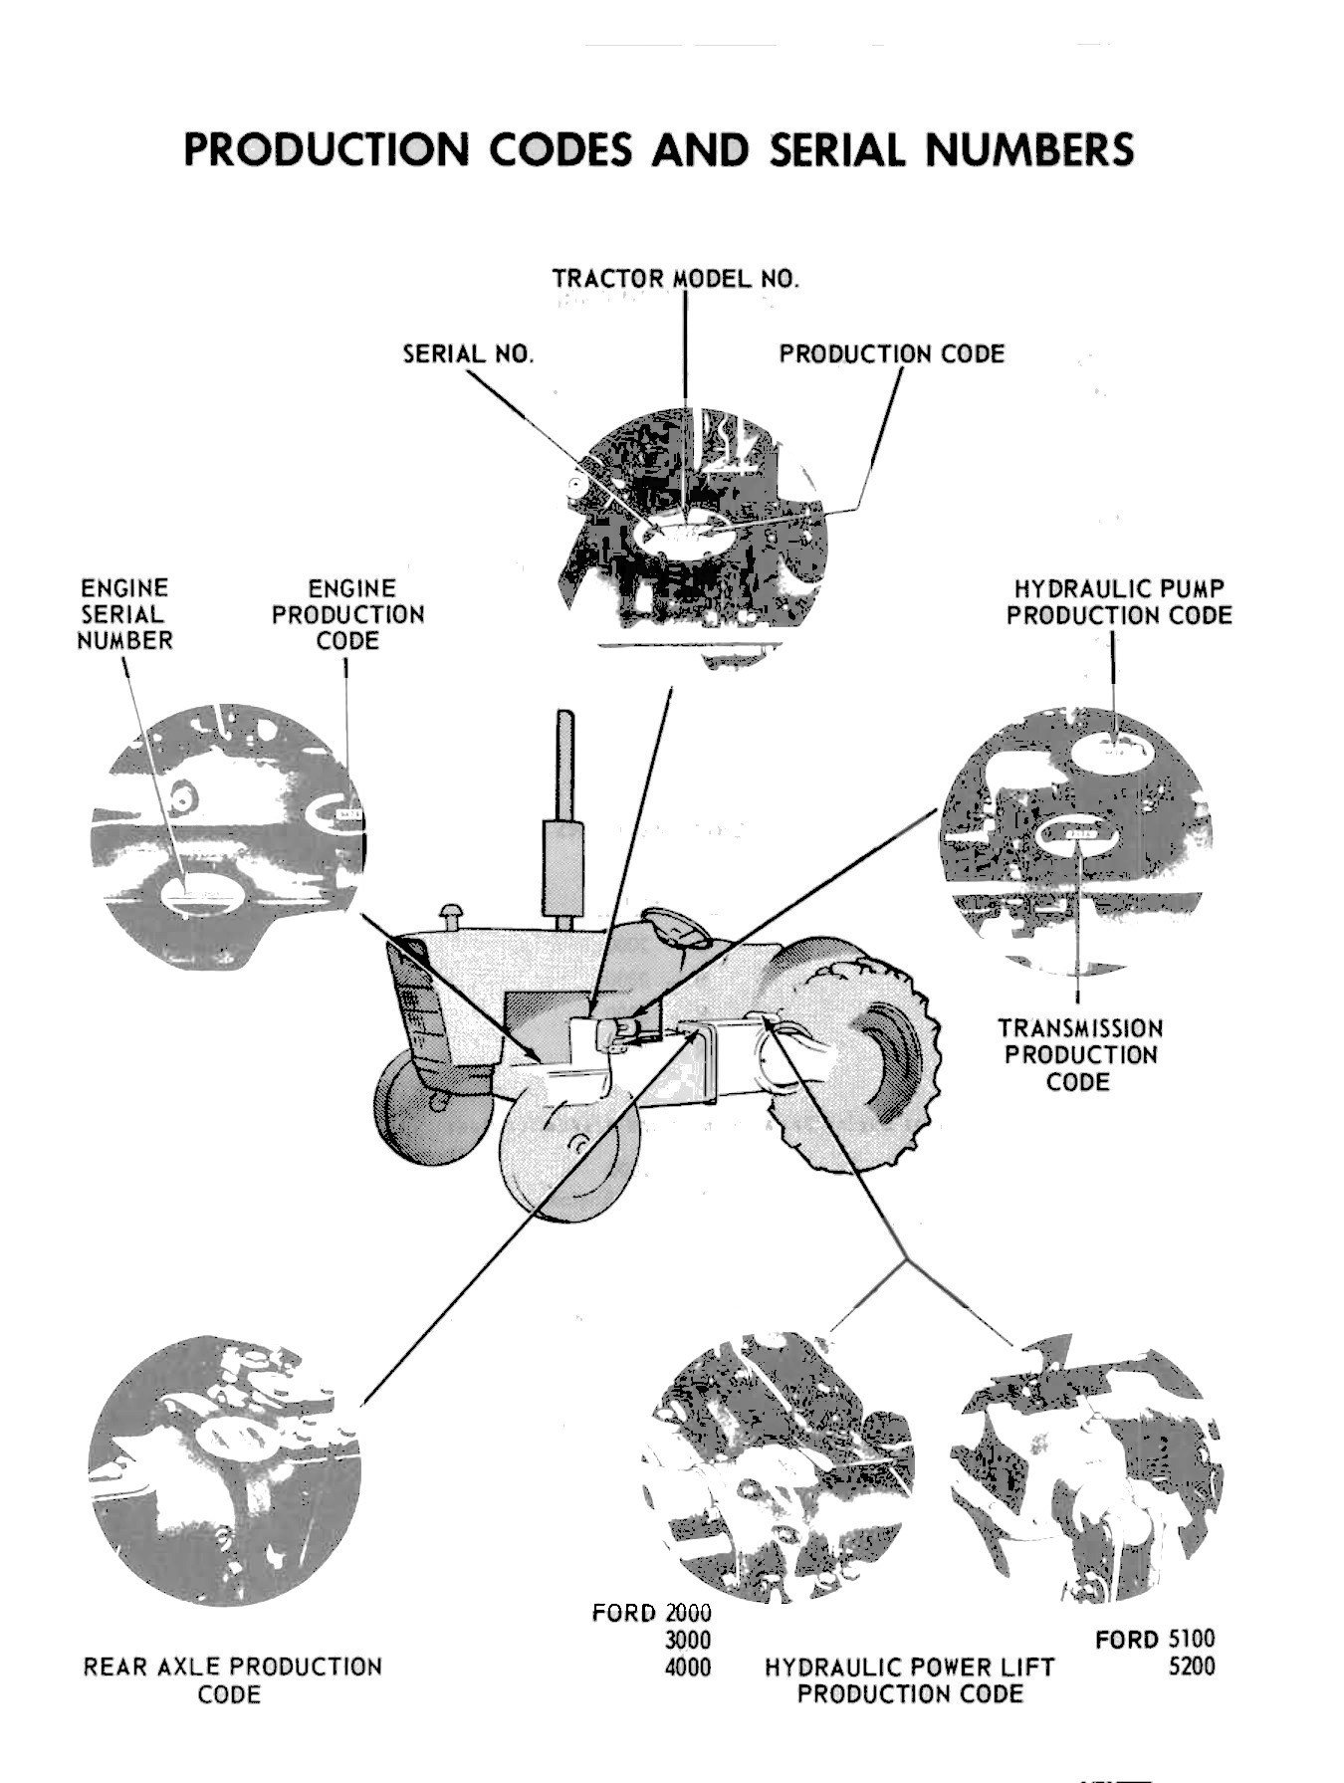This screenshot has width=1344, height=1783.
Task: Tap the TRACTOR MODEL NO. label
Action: [x=676, y=278]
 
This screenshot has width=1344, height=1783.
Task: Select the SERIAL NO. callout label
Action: [x=468, y=354]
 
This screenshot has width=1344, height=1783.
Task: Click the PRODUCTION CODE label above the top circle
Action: [x=891, y=354]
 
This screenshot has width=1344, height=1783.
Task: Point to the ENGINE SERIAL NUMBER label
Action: [x=124, y=613]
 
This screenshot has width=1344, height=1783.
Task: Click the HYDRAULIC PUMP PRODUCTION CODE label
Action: [x=1118, y=601]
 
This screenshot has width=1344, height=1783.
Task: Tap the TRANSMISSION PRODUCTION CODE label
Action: [x=1079, y=1054]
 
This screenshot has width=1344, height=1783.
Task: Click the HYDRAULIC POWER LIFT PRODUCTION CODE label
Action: [x=909, y=1679]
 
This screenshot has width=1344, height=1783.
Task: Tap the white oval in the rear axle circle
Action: [x=231, y=1435]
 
